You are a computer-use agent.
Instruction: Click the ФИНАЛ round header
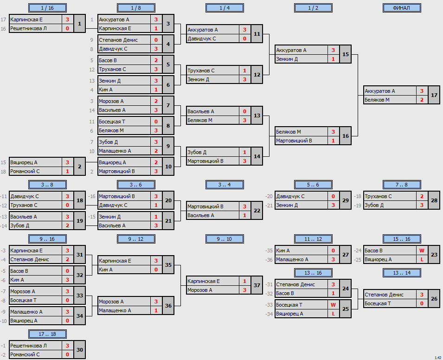402,8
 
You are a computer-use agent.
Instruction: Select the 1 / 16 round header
47,8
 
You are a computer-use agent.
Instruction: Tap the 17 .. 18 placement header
47,334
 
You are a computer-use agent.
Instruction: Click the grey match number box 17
434,95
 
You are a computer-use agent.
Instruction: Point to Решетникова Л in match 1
29,29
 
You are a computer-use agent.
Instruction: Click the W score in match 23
422,251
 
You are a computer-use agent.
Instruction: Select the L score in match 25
334,314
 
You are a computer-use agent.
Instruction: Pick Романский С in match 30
25,354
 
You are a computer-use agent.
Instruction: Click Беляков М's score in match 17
422,100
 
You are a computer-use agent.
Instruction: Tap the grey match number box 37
257,285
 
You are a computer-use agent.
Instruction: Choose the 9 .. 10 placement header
225,239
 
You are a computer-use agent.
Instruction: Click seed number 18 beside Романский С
3,172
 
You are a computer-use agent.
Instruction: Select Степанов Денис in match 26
384,295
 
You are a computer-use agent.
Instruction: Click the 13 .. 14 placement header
402,273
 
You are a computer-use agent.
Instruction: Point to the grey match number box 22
257,211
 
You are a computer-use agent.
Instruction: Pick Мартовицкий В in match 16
294,141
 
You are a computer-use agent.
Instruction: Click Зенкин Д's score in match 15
334,59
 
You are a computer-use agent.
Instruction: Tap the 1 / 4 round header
225,8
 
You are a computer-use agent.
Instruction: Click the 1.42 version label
438,358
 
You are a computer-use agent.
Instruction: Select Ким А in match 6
106,90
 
